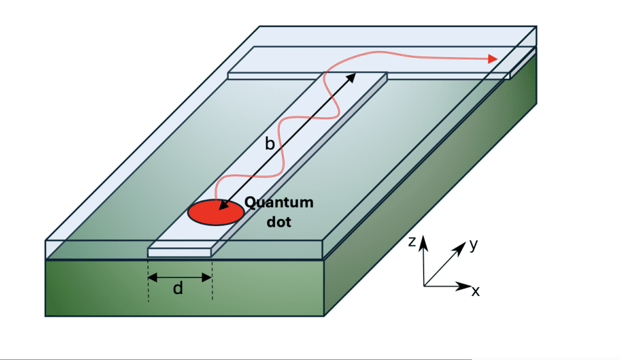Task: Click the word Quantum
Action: pyautogui.click(x=280, y=203)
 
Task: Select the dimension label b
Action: pyautogui.click(x=270, y=144)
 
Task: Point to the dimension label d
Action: pyautogui.click(x=178, y=289)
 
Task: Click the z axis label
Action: pyautogui.click(x=414, y=241)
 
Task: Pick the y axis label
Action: pyautogui.click(x=473, y=244)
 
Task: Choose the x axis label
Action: pyautogui.click(x=476, y=291)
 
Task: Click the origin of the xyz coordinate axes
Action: pyautogui.click(x=424, y=286)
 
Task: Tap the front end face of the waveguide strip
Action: pyautogui.click(x=179, y=252)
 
